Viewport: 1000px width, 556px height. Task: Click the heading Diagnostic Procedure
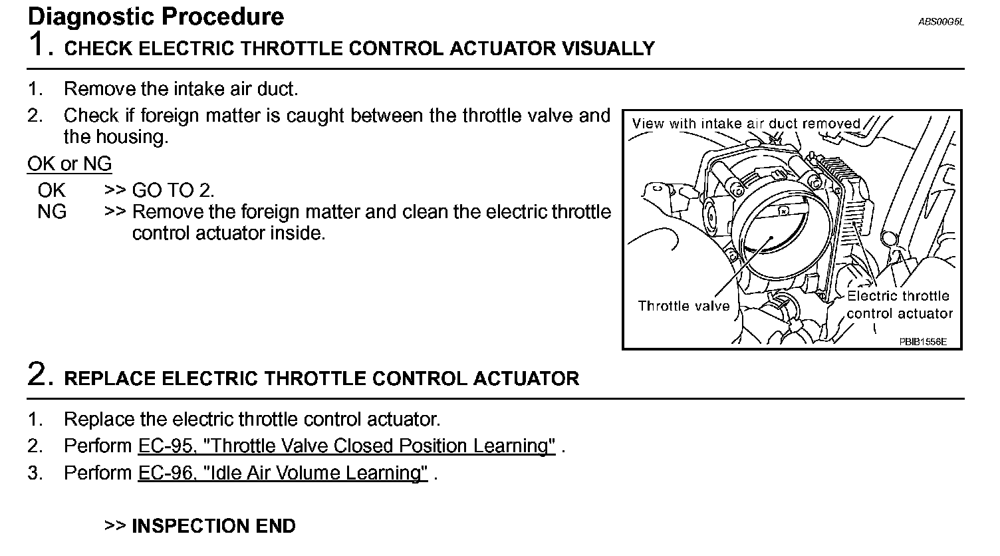156,16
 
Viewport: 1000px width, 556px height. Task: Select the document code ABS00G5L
941,21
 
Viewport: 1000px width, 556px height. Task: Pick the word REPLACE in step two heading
110,379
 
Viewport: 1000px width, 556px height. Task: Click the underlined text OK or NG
69,164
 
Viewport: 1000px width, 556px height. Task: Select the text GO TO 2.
173,191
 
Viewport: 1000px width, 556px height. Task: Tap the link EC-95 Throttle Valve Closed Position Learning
346,446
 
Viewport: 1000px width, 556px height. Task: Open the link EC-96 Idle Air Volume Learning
283,474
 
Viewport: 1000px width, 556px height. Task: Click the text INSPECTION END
213,526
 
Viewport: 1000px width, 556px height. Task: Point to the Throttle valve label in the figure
684,306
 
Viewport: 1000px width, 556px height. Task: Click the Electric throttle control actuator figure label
899,305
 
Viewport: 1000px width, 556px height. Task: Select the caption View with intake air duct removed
746,124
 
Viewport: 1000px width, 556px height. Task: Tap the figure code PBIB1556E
922,342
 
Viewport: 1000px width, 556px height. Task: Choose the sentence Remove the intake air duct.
181,88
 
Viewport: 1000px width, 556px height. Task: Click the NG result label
52,212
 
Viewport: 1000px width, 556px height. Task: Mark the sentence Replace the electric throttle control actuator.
252,420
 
